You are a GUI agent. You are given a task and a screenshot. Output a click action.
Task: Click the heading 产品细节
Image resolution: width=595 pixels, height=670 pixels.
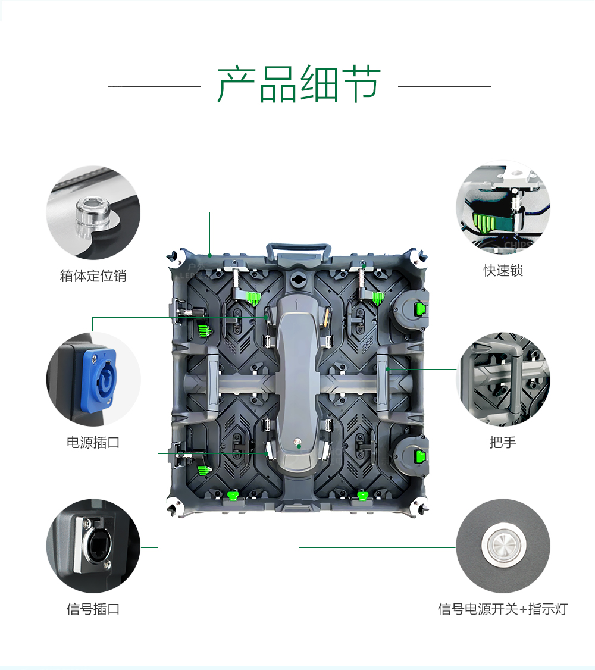pyautogui.click(x=299, y=84)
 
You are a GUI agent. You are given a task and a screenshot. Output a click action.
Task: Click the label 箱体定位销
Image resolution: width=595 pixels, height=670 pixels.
pyautogui.click(x=93, y=276)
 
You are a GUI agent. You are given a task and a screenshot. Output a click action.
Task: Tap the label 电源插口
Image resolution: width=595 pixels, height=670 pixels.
pyautogui.click(x=93, y=443)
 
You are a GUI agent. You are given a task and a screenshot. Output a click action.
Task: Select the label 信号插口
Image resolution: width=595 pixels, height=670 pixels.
pyautogui.click(x=93, y=609)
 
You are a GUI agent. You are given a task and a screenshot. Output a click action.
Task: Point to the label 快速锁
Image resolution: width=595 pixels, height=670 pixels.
pyautogui.click(x=503, y=271)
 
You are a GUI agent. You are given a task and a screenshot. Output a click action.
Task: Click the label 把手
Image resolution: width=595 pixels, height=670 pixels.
pyautogui.click(x=503, y=443)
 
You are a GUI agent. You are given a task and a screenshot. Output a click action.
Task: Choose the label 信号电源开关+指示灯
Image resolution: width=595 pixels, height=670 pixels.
pyautogui.click(x=503, y=609)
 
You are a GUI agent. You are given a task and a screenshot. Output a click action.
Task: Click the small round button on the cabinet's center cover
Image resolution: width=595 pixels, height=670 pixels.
pyautogui.click(x=299, y=442)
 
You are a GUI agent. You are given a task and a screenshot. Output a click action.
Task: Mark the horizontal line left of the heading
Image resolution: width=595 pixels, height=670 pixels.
pyautogui.click(x=155, y=87)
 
